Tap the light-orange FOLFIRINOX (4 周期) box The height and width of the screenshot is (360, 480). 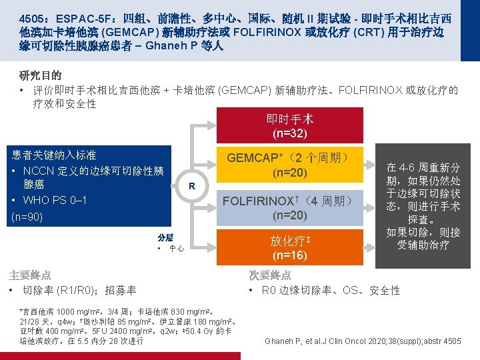[289, 207]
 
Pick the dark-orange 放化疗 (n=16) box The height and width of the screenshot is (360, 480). [289, 247]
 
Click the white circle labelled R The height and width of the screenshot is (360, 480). [191, 185]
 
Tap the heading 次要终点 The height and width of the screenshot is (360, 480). [270, 275]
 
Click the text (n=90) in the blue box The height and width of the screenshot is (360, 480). [28, 216]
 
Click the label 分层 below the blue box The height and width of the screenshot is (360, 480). [165, 237]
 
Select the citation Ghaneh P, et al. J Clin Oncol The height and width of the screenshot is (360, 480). [363, 341]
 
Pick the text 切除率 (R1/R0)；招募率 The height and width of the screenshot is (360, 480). [79, 290]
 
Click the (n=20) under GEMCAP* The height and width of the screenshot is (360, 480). [289, 173]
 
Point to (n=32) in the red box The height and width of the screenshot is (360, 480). [289, 133]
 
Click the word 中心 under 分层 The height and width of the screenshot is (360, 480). [177, 248]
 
